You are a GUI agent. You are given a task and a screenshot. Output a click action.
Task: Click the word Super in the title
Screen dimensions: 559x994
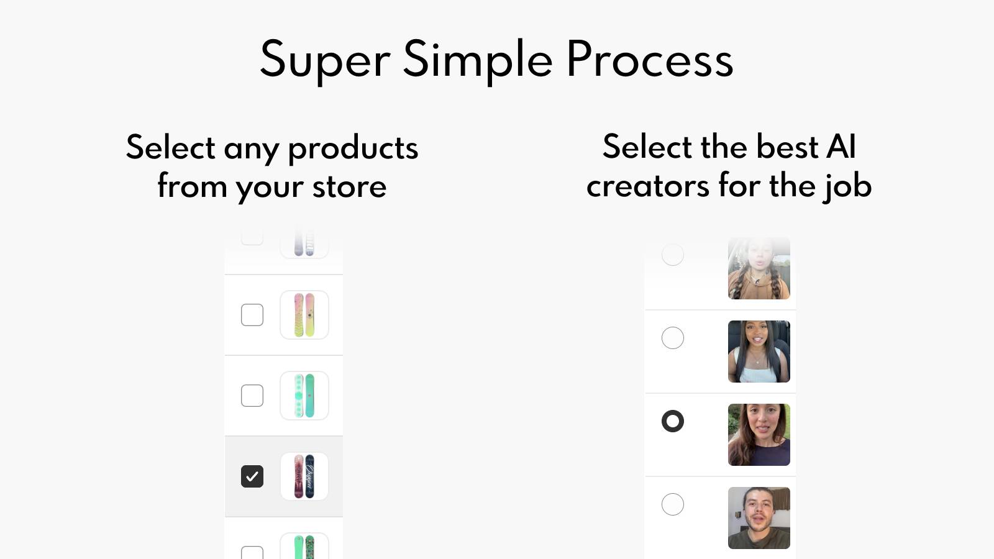click(x=324, y=60)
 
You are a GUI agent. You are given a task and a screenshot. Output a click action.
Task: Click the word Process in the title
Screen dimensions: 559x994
click(x=649, y=60)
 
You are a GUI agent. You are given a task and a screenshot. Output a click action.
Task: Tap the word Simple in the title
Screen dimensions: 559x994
click(x=477, y=60)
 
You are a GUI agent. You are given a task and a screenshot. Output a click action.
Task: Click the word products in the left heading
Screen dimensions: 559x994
click(x=353, y=148)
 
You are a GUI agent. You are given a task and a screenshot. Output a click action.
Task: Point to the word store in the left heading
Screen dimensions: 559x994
click(x=349, y=187)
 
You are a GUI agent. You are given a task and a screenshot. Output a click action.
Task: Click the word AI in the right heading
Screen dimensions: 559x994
click(x=841, y=147)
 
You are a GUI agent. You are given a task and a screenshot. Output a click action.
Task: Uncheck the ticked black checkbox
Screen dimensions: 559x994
click(x=252, y=476)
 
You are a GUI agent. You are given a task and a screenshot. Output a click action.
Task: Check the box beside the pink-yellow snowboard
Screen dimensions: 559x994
click(x=252, y=315)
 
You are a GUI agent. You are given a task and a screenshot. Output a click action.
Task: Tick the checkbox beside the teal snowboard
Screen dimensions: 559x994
click(x=252, y=396)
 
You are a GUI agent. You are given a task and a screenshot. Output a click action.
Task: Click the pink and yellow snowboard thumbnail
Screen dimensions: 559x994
click(x=304, y=315)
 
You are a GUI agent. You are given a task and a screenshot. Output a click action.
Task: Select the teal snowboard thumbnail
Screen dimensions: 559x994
click(x=304, y=396)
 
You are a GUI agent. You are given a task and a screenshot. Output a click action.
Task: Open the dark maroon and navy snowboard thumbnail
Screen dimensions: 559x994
click(x=304, y=476)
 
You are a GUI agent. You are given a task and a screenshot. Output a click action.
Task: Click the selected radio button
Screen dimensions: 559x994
click(x=673, y=421)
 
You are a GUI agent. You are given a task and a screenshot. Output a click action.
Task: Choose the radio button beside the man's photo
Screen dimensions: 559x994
click(x=673, y=504)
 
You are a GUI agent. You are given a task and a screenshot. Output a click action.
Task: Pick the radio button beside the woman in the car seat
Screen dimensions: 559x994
click(x=673, y=338)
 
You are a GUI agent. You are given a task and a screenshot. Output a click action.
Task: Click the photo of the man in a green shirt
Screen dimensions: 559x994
click(x=759, y=518)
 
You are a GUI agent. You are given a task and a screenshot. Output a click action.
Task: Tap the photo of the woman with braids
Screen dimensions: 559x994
click(x=759, y=268)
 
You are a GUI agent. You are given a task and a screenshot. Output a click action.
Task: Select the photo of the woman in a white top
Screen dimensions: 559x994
click(x=759, y=352)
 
